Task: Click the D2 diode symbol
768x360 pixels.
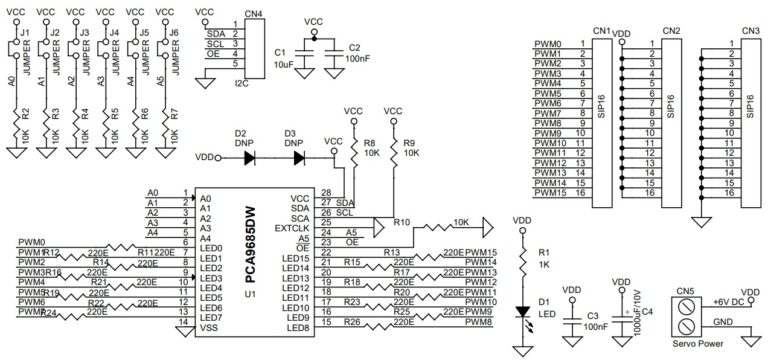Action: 250,157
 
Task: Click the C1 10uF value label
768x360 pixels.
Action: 284,62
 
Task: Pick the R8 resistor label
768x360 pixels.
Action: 369,144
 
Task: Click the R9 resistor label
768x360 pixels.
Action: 409,144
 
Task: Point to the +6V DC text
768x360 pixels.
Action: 727,302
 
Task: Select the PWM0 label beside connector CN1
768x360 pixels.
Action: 547,44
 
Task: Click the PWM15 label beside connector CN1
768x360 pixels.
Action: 549,193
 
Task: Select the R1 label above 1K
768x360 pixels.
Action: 543,253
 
